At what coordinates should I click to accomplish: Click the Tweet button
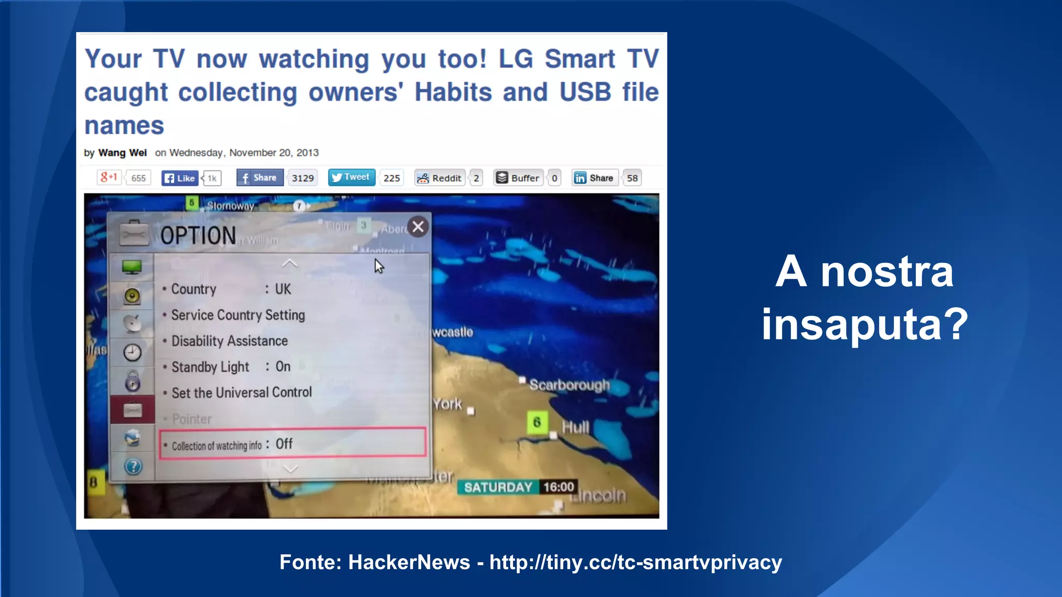tap(352, 178)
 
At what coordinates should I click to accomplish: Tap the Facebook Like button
tap(180, 178)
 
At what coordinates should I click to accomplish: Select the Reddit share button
tap(440, 178)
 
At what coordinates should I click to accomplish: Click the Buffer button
tap(518, 178)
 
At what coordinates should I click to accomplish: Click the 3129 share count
tap(303, 178)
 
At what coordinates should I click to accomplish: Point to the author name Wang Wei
tap(122, 153)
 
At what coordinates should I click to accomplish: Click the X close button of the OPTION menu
tap(418, 227)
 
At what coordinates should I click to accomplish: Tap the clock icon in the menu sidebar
tap(132, 353)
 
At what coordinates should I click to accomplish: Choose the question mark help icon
tap(133, 467)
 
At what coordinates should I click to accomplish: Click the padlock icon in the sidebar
tap(133, 381)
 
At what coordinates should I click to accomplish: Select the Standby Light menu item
tap(210, 367)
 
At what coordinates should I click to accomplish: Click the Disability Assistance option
tap(229, 341)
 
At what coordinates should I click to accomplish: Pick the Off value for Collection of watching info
tap(284, 444)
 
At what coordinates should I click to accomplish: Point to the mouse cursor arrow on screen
tap(379, 266)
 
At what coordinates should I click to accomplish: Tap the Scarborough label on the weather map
tap(569, 385)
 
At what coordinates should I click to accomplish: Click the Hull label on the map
tap(576, 428)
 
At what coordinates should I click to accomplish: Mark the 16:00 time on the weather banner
tap(558, 487)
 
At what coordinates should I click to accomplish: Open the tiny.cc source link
tap(635, 563)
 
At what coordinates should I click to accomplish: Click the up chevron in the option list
tap(290, 263)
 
